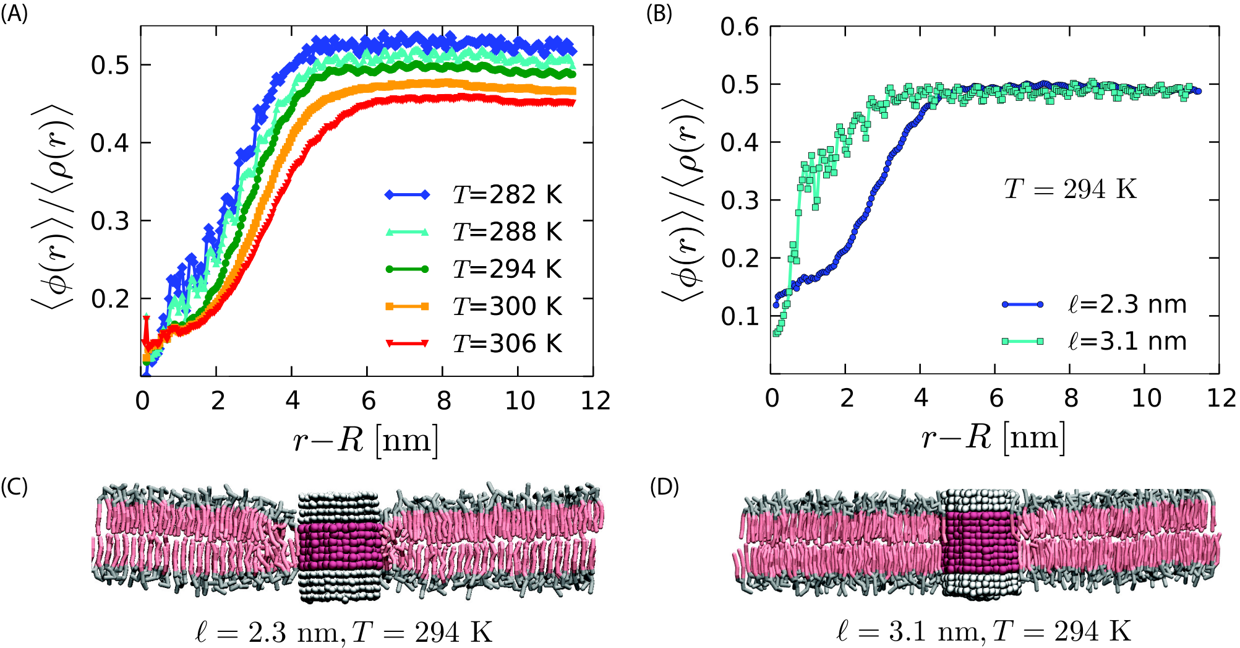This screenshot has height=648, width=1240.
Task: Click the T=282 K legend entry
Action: tap(473, 194)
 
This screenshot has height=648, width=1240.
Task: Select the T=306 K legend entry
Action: tap(473, 343)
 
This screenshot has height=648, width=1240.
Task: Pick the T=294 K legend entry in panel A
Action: tap(473, 269)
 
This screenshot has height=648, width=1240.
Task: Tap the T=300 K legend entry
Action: tap(473, 306)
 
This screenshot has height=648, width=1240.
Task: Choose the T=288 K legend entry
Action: tap(473, 231)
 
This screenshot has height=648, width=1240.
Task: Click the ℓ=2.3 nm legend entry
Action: tap(1094, 304)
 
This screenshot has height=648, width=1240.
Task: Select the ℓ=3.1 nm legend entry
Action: tap(1094, 341)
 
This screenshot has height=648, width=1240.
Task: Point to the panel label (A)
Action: tap(14, 14)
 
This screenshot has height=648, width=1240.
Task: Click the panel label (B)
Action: tap(659, 14)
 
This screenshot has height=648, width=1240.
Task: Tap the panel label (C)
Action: tap(14, 487)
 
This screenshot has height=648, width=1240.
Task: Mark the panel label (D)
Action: tap(664, 487)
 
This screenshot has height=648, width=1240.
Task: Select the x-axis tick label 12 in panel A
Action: tap(596, 400)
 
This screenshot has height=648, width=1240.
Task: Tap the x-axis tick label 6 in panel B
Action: tap(996, 398)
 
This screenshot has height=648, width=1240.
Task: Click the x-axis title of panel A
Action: tap(366, 441)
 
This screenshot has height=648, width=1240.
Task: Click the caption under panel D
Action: tap(983, 632)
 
